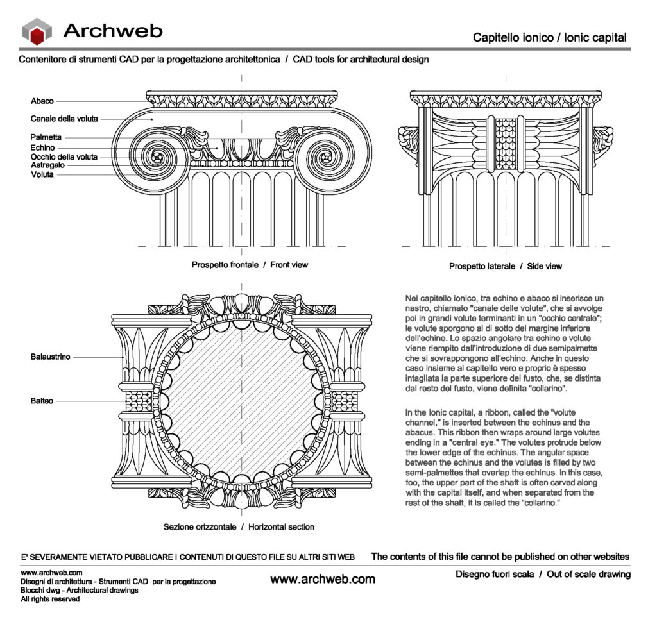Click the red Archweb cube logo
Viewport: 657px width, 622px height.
point(37,31)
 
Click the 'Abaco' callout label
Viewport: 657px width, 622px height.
point(42,101)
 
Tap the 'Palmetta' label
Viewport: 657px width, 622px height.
point(46,137)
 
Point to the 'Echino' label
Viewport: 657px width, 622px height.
point(42,147)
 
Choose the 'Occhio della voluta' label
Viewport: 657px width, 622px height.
point(64,156)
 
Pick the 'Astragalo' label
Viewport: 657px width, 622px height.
point(48,165)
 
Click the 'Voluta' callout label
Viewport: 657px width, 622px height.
point(42,174)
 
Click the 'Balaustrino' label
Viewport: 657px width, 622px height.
point(51,357)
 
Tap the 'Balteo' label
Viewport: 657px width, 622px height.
point(42,401)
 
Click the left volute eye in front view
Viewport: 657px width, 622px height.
point(157,156)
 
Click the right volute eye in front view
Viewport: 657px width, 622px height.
point(327,156)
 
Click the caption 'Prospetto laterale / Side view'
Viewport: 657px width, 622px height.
point(506,266)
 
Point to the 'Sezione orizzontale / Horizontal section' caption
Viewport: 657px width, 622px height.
point(239,527)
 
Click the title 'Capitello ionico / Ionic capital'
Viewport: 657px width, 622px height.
point(549,38)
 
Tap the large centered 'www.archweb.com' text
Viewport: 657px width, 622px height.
point(323,579)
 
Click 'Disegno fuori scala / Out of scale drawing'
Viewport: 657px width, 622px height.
point(543,574)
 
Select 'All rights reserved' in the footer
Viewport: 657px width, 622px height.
point(50,599)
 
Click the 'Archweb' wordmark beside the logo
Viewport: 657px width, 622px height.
point(113,30)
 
